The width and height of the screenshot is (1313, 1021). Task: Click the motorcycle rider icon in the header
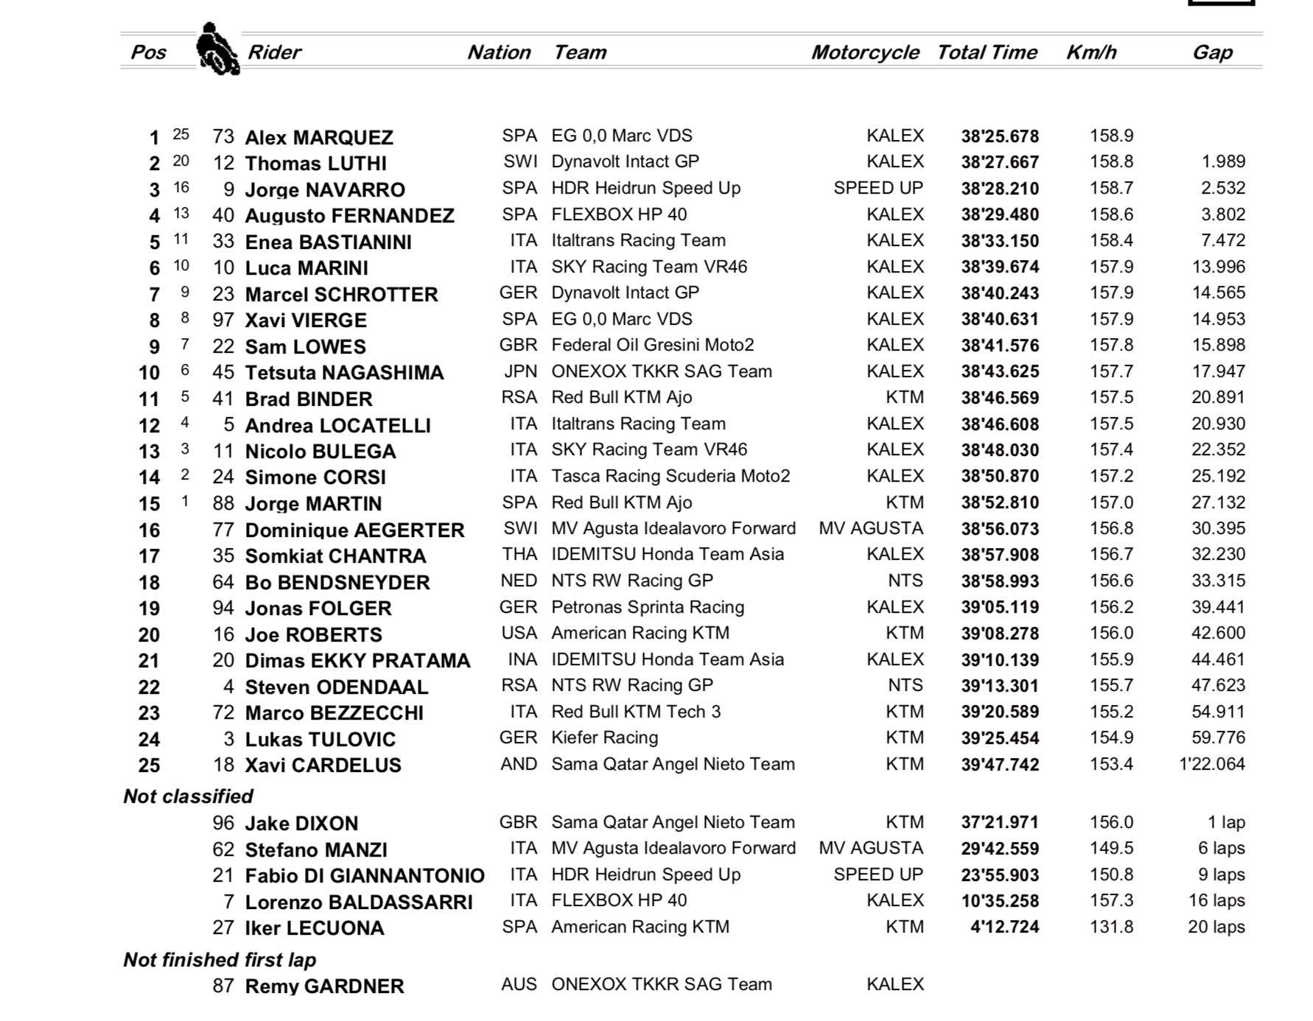coord(217,49)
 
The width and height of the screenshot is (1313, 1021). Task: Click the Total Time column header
coord(987,52)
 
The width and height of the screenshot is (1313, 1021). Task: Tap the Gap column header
coord(1212,52)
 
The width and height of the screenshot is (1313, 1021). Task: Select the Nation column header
coord(499,52)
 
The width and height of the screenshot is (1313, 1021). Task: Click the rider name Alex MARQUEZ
coord(319,138)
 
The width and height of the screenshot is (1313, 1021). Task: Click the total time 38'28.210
coord(1000,189)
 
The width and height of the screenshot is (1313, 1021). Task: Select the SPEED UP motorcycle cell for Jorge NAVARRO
coord(878,188)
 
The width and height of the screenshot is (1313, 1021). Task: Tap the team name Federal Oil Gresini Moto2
coord(653,345)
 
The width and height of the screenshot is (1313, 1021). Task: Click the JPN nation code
coord(519,371)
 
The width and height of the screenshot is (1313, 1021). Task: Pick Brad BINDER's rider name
coord(309,399)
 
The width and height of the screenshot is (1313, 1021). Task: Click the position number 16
coord(149,530)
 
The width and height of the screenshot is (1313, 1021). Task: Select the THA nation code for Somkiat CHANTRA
coord(519,554)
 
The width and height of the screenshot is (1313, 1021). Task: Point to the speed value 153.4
coord(1111,764)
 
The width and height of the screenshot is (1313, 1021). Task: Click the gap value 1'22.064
coord(1212,764)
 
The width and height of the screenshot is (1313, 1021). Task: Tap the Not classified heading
coord(188,796)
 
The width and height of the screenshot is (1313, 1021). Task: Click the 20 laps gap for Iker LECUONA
coord(1216,927)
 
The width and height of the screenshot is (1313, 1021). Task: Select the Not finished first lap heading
coord(220,960)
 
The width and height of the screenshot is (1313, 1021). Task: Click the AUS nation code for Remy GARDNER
coord(519,984)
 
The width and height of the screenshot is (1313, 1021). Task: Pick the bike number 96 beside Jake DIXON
coord(223,823)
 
